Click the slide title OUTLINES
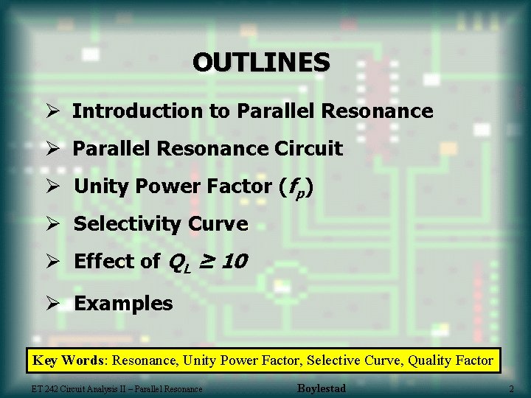[x=261, y=62]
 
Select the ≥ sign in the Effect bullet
[x=207, y=262]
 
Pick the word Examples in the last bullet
[x=123, y=304]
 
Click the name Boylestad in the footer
[x=321, y=388]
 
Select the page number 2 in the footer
[x=510, y=388]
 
